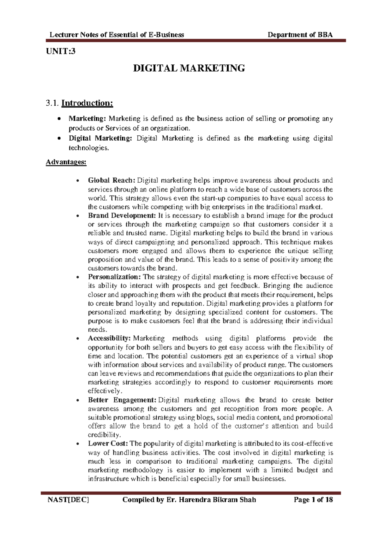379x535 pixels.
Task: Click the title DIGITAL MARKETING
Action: [x=189, y=68]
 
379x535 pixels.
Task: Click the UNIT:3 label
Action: [x=61, y=51]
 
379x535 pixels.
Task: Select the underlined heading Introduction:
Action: [x=87, y=103]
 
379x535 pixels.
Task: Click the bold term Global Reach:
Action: [x=111, y=180]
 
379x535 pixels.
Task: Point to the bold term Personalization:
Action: [x=114, y=277]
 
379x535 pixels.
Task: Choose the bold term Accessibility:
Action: [x=109, y=338]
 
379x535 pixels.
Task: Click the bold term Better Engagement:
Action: [x=122, y=400]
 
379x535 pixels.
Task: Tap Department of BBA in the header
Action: [x=300, y=35]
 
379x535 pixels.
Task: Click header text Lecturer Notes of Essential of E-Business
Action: [x=117, y=35]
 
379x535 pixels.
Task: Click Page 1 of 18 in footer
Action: [x=313, y=500]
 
